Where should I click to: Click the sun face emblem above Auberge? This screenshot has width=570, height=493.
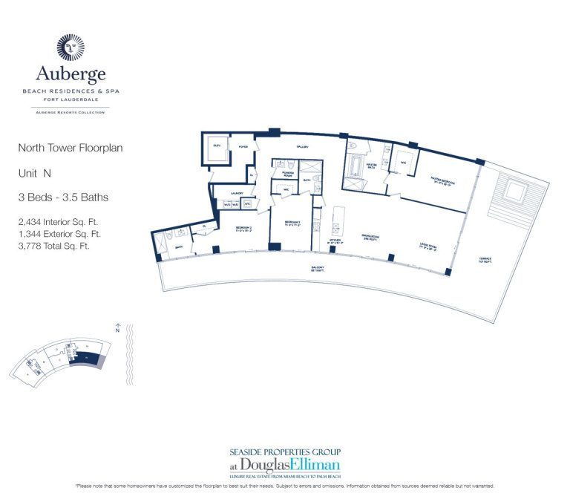(71, 48)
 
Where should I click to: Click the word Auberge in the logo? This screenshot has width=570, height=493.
(71, 74)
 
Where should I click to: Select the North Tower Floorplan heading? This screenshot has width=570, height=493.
(70, 148)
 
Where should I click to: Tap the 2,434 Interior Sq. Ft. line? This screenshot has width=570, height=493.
(58, 221)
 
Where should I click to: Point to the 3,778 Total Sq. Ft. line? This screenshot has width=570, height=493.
(53, 246)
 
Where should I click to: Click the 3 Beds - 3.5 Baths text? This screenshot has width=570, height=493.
(63, 197)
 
